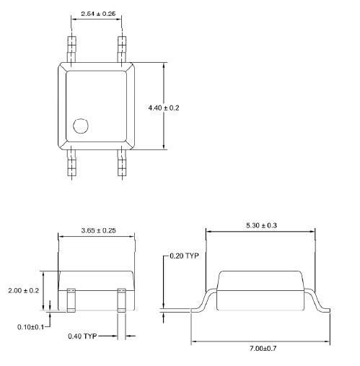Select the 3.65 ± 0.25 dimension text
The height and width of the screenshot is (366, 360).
97,231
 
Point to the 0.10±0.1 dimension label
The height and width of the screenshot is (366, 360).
31,327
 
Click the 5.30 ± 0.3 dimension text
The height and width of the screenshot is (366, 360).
260,225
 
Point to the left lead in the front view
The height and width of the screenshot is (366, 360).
71,300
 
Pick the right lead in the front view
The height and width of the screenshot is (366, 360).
121,300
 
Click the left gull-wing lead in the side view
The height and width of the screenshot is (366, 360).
204,300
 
